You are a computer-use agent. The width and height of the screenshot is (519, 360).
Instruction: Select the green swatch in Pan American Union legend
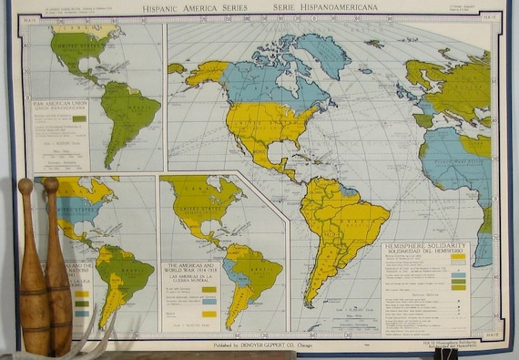tap(79, 118)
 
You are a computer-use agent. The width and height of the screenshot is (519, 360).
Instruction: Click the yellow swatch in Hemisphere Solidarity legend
tap(457, 258)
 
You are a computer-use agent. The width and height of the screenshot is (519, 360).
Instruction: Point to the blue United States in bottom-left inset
tap(76, 211)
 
